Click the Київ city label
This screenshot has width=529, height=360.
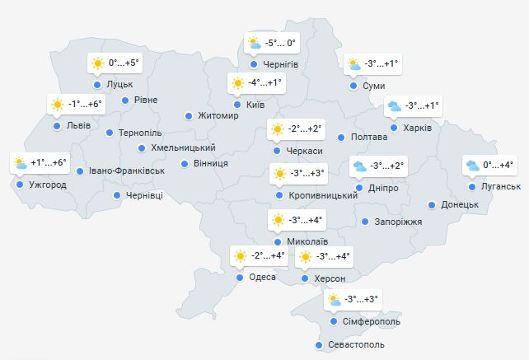tap(255, 105)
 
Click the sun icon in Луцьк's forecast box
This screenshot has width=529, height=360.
tap(98, 63)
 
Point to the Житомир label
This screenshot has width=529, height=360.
tap(218, 115)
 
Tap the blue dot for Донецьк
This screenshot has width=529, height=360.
tap(431, 204)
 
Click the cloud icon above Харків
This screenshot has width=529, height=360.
tap(395, 106)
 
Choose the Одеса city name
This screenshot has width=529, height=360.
tap(262, 278)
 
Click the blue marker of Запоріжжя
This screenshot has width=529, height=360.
tap(365, 222)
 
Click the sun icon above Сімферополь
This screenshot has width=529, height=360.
tap(335, 299)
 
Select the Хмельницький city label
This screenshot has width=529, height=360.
tap(184, 147)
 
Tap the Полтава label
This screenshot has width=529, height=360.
tap(368, 137)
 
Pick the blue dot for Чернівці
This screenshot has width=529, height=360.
tap(117, 195)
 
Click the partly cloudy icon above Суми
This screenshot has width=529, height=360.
tap(353, 64)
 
